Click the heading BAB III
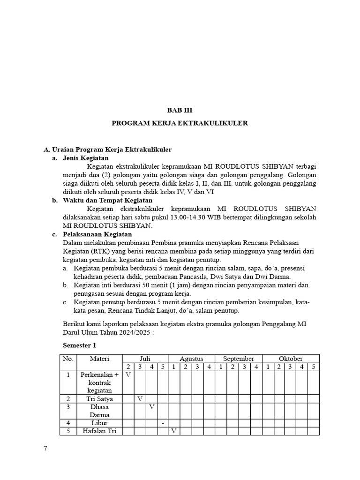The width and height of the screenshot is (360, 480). pos(180,110)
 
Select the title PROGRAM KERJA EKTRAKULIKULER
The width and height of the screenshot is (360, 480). pos(180,123)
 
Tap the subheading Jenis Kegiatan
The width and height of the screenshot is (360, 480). pos(85,158)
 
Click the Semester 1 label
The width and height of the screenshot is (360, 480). pos(80,345)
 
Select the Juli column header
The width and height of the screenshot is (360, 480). pos(145,359)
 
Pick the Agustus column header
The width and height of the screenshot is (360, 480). pos(191,359)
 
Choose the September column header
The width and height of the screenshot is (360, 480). pos(239,359)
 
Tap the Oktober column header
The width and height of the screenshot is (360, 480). pos(291,359)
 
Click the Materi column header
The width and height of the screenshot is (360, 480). pos(99,359)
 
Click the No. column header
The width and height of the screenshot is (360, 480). pos(68,359)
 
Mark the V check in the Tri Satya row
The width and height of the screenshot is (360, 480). pos(140,398)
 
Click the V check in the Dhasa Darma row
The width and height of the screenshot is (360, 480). pos(151,406)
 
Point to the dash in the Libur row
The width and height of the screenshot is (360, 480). pos(162,423)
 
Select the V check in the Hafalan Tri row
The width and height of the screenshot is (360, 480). pos(173,431)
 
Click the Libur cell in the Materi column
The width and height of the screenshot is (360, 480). pos(99,423)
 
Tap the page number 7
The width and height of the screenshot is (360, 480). pos(45,449)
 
